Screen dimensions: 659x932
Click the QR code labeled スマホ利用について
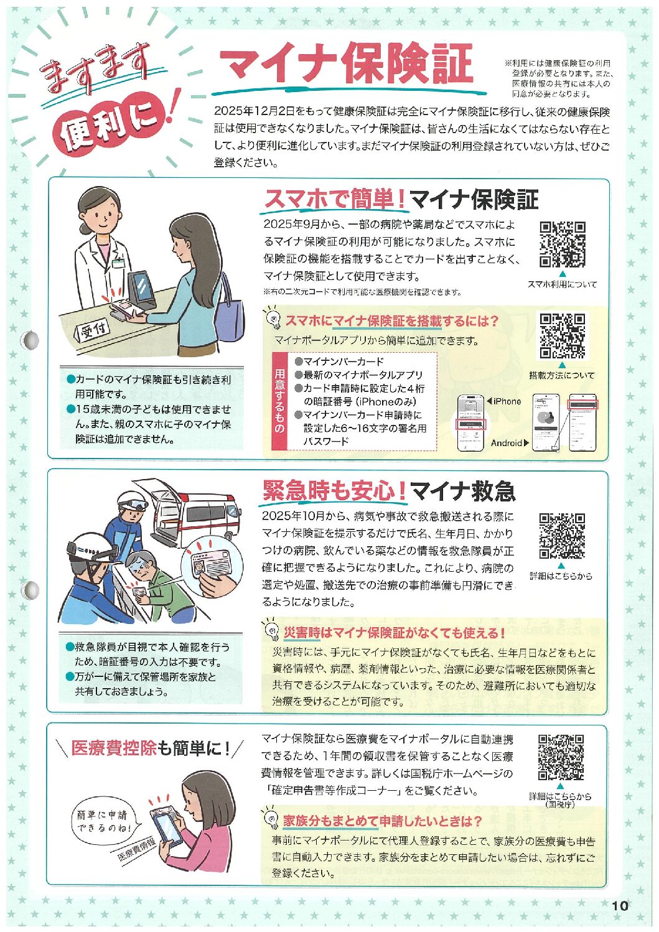coord(563,245)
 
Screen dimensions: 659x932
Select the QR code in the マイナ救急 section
coord(562,536)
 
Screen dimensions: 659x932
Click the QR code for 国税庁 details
coord(561,757)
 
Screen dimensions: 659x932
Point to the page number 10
coord(620,905)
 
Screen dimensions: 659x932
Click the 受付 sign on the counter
coord(91,332)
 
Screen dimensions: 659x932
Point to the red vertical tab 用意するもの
coord(279,401)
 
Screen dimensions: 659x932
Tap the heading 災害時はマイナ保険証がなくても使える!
coord(394,633)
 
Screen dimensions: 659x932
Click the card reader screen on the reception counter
coord(141,289)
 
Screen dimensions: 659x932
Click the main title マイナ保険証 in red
coord(346,63)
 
